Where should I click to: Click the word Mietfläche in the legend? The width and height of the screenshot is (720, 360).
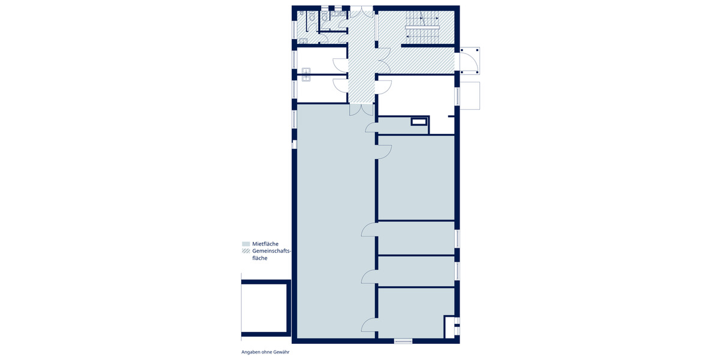click(265, 244)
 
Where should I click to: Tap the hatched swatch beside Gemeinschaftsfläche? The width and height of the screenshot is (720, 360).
click(245, 251)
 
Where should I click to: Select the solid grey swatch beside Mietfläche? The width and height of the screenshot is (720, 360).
click(245, 244)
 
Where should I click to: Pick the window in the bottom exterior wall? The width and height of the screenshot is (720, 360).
click(403, 341)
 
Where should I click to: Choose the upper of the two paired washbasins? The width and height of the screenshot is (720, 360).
click(305, 70)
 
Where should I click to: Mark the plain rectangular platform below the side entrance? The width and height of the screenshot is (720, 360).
click(470, 95)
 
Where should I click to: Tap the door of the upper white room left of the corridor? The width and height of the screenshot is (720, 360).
click(340, 66)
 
